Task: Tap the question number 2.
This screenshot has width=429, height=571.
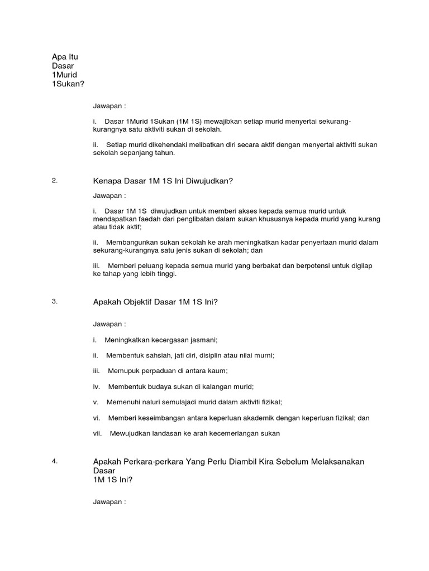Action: point(54,180)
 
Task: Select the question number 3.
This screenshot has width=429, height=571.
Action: point(54,301)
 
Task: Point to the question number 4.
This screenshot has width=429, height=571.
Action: point(54,461)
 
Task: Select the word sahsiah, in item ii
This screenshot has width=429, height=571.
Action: point(160,355)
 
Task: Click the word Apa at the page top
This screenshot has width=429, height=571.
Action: point(58,56)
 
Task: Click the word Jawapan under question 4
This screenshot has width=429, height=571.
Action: point(107,502)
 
